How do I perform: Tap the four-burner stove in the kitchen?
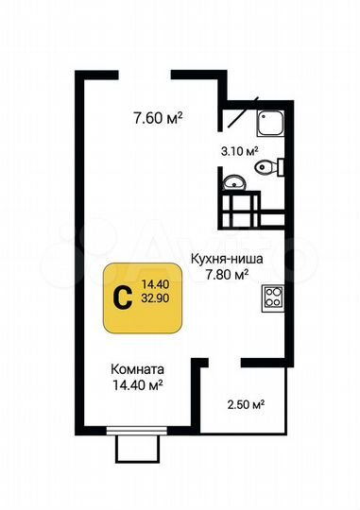[275, 298]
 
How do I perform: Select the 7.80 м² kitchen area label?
[227, 275]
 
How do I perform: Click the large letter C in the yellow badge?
[122, 297]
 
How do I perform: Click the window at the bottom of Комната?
[137, 439]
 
